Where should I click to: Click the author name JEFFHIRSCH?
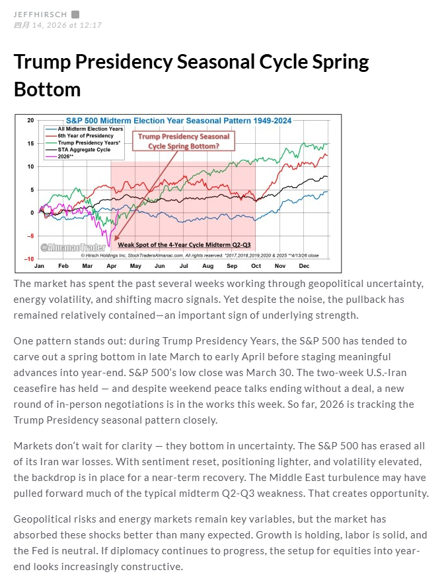pyautogui.click(x=40, y=14)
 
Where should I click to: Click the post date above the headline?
pyautogui.click(x=57, y=25)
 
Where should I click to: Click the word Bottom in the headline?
pyautogui.click(x=47, y=89)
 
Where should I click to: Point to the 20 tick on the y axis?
pyautogui.click(x=30, y=121)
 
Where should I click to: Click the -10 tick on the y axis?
pyautogui.click(x=28, y=259)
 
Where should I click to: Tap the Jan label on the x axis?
pyautogui.click(x=39, y=266)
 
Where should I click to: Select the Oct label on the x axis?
pyautogui.click(x=256, y=266)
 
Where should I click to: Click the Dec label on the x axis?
pyautogui.click(x=304, y=266)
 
